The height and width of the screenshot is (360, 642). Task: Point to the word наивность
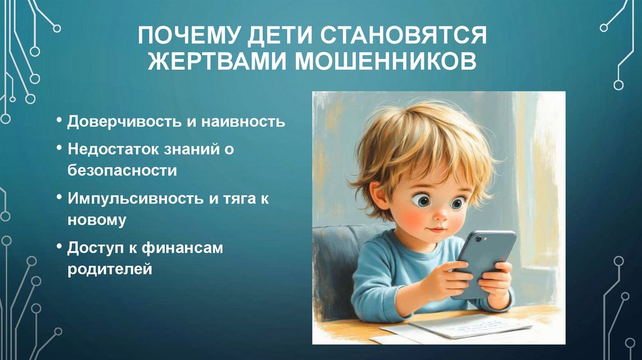(243, 121)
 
